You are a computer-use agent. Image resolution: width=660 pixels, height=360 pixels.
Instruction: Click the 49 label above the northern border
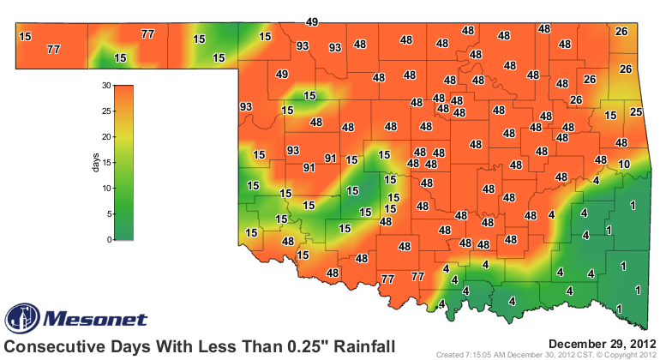click(312, 21)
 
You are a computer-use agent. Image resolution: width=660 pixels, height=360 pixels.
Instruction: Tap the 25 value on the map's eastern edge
click(636, 112)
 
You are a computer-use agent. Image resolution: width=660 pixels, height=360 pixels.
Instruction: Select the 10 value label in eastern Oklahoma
click(624, 164)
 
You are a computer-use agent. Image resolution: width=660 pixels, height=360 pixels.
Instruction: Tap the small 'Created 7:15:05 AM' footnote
click(485, 355)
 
